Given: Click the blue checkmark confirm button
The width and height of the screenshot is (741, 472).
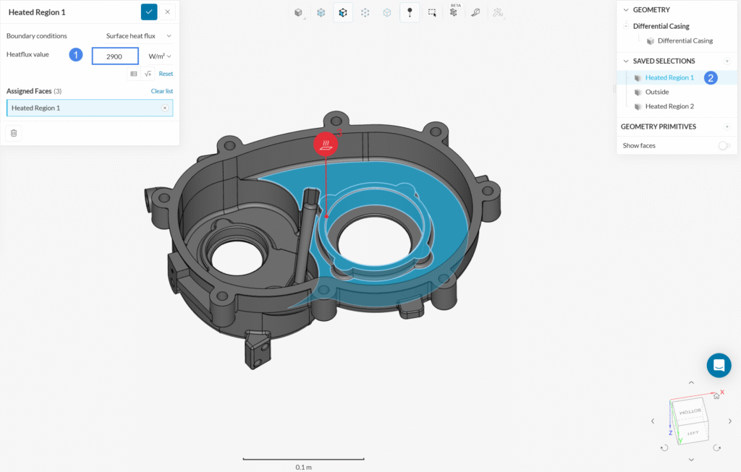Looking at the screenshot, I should [x=148, y=12].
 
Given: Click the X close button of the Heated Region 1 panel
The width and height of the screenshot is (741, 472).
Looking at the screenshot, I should [x=168, y=12].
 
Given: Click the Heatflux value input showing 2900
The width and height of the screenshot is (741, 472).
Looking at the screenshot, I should [x=115, y=56].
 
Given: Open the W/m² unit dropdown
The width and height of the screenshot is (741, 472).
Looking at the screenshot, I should [x=160, y=56].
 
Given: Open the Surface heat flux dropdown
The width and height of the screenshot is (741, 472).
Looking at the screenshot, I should [x=138, y=35].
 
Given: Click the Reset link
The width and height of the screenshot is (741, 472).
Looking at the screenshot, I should [x=166, y=74].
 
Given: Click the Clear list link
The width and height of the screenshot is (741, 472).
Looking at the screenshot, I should [x=162, y=91].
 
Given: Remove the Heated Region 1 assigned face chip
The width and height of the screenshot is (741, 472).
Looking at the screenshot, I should [x=164, y=108].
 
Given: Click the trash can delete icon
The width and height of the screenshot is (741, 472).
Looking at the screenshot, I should [x=14, y=133].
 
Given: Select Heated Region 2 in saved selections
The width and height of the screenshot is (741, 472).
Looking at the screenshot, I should [x=669, y=106].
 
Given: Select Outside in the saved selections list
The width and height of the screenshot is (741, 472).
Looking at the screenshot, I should [x=656, y=92].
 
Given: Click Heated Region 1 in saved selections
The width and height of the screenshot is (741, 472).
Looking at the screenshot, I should [x=669, y=77].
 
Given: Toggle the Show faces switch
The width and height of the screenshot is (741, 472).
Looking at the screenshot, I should [x=724, y=145].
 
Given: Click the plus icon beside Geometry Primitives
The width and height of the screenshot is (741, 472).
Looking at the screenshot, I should [x=727, y=126].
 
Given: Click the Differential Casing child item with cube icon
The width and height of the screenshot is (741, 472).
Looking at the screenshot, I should [x=684, y=41].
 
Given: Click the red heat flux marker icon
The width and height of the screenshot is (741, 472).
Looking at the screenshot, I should [x=326, y=145].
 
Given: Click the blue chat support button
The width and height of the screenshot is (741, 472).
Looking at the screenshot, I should [x=719, y=366].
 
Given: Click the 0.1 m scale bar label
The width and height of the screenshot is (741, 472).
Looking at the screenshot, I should [x=304, y=467].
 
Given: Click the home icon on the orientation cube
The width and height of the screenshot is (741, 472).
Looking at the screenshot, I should [x=716, y=395].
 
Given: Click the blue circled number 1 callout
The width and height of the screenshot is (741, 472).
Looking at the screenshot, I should [x=76, y=55].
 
